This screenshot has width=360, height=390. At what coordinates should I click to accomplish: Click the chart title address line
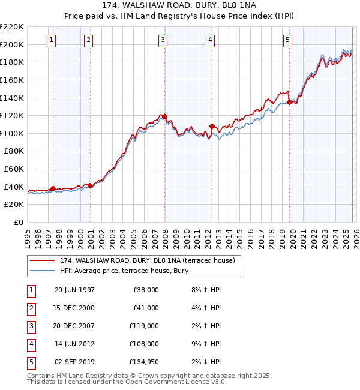[180, 5]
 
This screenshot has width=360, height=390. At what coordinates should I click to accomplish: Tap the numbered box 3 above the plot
[163, 40]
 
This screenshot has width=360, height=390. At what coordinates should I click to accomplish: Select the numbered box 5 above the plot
[288, 40]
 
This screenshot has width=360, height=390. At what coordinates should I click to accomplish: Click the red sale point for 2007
[164, 116]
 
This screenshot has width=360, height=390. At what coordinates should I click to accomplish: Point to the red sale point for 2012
[212, 126]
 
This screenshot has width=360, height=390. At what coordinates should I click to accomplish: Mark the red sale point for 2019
[289, 102]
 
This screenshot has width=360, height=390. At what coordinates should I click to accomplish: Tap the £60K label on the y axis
[14, 169]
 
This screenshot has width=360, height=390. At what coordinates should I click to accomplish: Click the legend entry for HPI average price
[124, 271]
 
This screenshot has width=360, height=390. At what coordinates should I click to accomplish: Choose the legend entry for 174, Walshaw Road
[150, 260]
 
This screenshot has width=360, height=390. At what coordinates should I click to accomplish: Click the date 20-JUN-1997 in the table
[74, 290]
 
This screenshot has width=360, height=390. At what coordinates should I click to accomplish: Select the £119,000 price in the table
[146, 326]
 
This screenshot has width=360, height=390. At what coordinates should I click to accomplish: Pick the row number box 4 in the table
[30, 344]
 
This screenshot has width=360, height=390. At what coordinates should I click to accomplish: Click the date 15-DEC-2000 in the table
[74, 308]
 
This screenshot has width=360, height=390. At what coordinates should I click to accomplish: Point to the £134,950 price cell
[145, 362]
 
